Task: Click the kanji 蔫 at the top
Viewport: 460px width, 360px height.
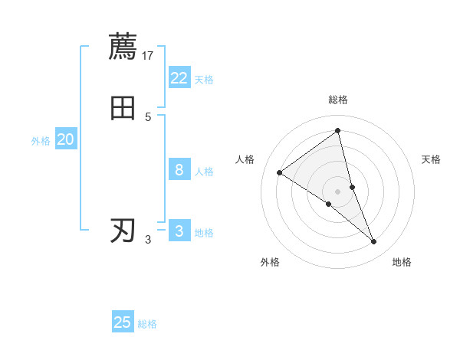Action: [123, 46]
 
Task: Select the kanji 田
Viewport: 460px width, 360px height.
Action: [123, 108]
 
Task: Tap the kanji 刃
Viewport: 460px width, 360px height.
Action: [123, 230]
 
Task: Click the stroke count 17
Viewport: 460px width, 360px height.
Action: [149, 55]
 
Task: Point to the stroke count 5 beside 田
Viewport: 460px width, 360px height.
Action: [148, 116]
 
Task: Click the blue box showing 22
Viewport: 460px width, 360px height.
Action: [179, 78]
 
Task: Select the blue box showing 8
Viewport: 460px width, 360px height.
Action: [179, 170]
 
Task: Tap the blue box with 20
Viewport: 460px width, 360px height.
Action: [66, 139]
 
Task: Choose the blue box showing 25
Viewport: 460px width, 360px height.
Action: [123, 322]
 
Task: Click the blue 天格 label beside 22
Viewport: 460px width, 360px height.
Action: [204, 80]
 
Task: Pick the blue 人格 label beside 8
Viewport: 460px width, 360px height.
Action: [204, 172]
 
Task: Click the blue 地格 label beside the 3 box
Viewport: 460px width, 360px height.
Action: [204, 233]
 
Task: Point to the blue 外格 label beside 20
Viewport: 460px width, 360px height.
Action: [41, 141]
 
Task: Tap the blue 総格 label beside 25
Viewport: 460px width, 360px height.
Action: [147, 324]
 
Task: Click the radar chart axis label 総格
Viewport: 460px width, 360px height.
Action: [337, 100]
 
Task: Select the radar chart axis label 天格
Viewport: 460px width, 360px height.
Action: [432, 159]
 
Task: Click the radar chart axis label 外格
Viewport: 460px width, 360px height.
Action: [270, 262]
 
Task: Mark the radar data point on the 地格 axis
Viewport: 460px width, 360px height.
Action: [374, 242]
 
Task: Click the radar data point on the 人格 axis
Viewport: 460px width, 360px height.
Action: [280, 172]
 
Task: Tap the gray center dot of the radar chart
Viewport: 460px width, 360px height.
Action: [337, 191]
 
